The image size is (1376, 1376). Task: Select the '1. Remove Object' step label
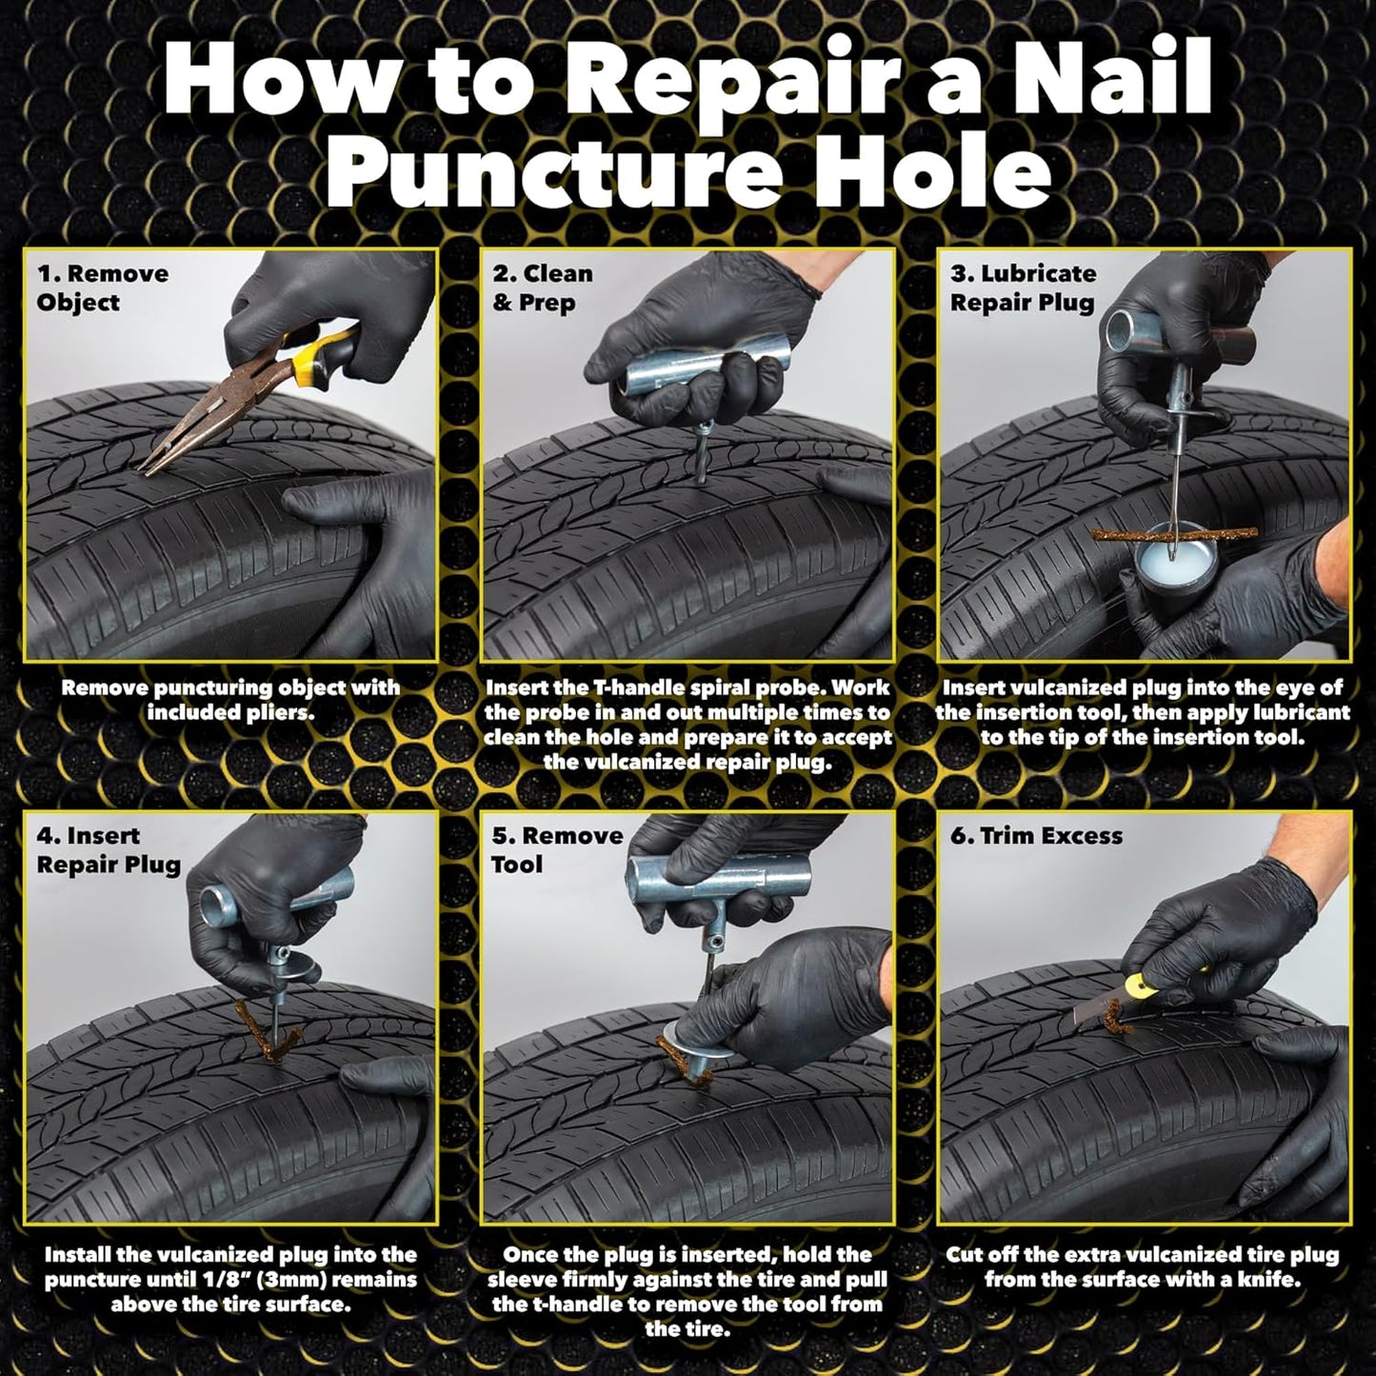(102, 288)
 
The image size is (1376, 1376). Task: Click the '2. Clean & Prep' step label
(542, 288)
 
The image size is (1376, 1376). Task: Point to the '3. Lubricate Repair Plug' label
(1022, 288)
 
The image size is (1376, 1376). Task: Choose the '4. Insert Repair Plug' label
(108, 849)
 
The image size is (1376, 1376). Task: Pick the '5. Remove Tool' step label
(557, 849)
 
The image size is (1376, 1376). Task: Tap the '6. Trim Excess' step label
(1036, 836)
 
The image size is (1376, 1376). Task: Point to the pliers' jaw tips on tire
(152, 464)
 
